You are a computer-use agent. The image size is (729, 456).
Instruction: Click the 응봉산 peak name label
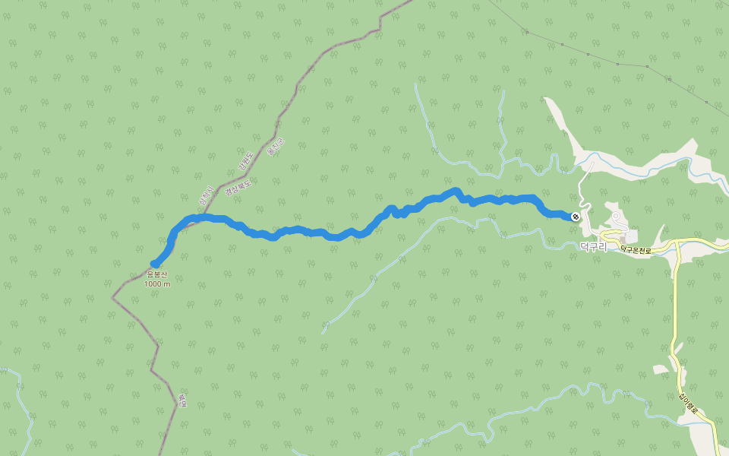[x=157, y=274]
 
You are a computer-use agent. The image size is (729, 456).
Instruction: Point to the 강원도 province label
[x=244, y=162]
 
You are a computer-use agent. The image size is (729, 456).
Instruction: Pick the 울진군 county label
[x=276, y=147]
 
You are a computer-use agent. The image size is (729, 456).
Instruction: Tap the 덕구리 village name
[x=594, y=247]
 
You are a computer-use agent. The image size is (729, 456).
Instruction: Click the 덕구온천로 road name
[x=636, y=249]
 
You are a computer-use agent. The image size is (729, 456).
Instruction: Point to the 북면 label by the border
[x=182, y=400]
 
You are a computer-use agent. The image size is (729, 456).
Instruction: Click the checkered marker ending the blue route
[x=576, y=217]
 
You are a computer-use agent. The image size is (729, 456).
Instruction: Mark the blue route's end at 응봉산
[x=156, y=264]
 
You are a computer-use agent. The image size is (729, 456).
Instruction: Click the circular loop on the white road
[x=617, y=217]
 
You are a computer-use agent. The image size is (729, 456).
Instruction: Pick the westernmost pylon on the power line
[x=526, y=32]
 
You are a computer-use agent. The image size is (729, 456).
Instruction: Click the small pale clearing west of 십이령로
[x=660, y=369]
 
